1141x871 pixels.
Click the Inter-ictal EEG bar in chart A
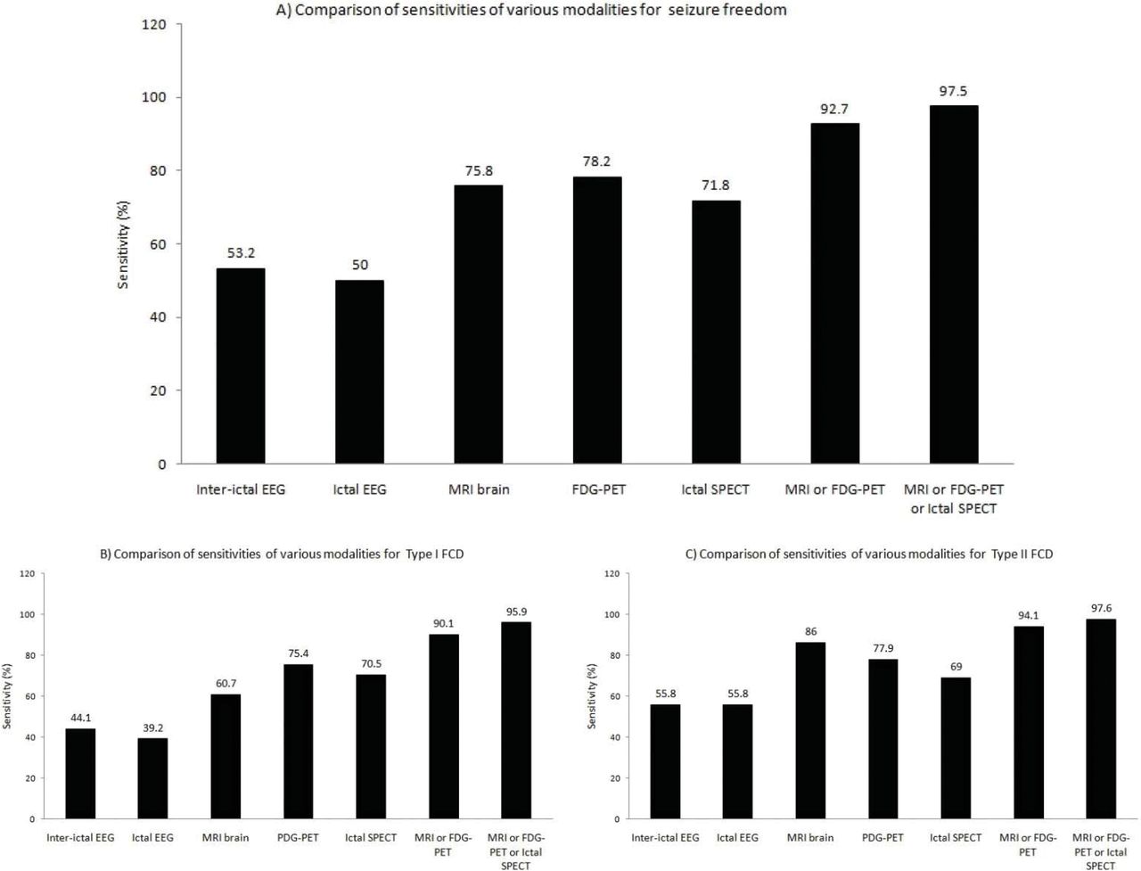tap(241, 366)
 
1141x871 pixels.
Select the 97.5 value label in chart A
tap(953, 91)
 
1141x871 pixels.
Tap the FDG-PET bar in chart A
tap(597, 320)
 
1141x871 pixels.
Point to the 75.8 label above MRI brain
tap(479, 170)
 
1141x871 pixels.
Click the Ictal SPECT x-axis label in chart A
tap(716, 489)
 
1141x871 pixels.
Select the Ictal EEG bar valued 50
tap(359, 372)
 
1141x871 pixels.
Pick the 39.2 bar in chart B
tap(152, 778)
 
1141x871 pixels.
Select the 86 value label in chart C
tap(810, 631)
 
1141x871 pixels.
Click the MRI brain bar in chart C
tap(810, 730)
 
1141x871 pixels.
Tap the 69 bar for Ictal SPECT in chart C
tap(956, 748)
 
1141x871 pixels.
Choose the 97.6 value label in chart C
tap(1101, 608)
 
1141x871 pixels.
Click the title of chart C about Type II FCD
tap(868, 555)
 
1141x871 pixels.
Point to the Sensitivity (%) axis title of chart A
tap(125, 244)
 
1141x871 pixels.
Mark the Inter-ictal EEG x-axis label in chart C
tap(665, 838)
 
